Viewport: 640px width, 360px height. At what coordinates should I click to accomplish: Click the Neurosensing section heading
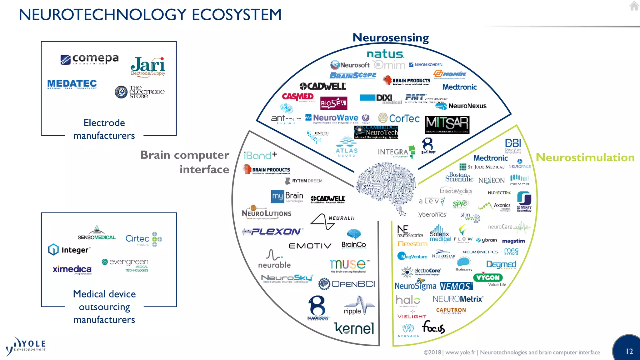point(391,38)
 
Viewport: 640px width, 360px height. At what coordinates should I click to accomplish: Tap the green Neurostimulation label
point(585,157)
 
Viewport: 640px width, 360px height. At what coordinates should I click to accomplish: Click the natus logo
point(385,54)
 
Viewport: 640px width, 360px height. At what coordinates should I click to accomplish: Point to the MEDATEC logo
point(72,84)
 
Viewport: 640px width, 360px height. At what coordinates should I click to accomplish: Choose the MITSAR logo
point(447,124)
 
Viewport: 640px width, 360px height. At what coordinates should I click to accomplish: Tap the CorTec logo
point(399,118)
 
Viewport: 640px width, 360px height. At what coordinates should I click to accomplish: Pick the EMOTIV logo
point(310,246)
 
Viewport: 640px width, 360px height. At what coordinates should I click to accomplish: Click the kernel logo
point(354,328)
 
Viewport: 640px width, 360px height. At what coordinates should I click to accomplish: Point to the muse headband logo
point(349,265)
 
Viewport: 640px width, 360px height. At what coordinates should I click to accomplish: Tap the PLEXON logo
point(272,232)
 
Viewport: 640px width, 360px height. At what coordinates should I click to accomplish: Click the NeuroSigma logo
point(415,286)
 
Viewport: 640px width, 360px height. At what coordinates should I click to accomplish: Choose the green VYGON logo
point(488,277)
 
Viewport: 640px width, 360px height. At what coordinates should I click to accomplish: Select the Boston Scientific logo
point(459,177)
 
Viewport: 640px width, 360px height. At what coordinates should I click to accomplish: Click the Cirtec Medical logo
point(143,239)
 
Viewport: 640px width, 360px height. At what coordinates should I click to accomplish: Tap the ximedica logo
point(72,269)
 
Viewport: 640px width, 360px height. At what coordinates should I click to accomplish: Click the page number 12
point(629,352)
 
